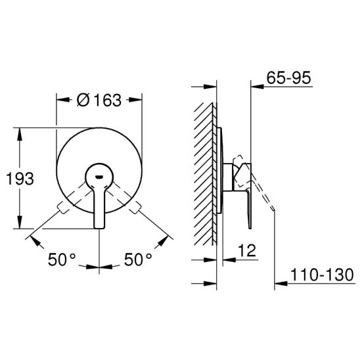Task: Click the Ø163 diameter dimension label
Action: coord(99,100)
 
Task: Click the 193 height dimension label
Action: coord(20,179)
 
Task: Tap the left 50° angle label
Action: coord(62,259)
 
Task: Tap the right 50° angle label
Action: coord(138,259)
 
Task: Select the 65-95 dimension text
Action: coord(288,78)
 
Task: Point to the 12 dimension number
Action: coord(247,250)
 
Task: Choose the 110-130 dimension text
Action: coord(322,275)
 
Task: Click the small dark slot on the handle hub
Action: coord(99,177)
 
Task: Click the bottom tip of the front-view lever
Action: coord(99,228)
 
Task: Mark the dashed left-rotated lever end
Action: coord(63,207)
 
